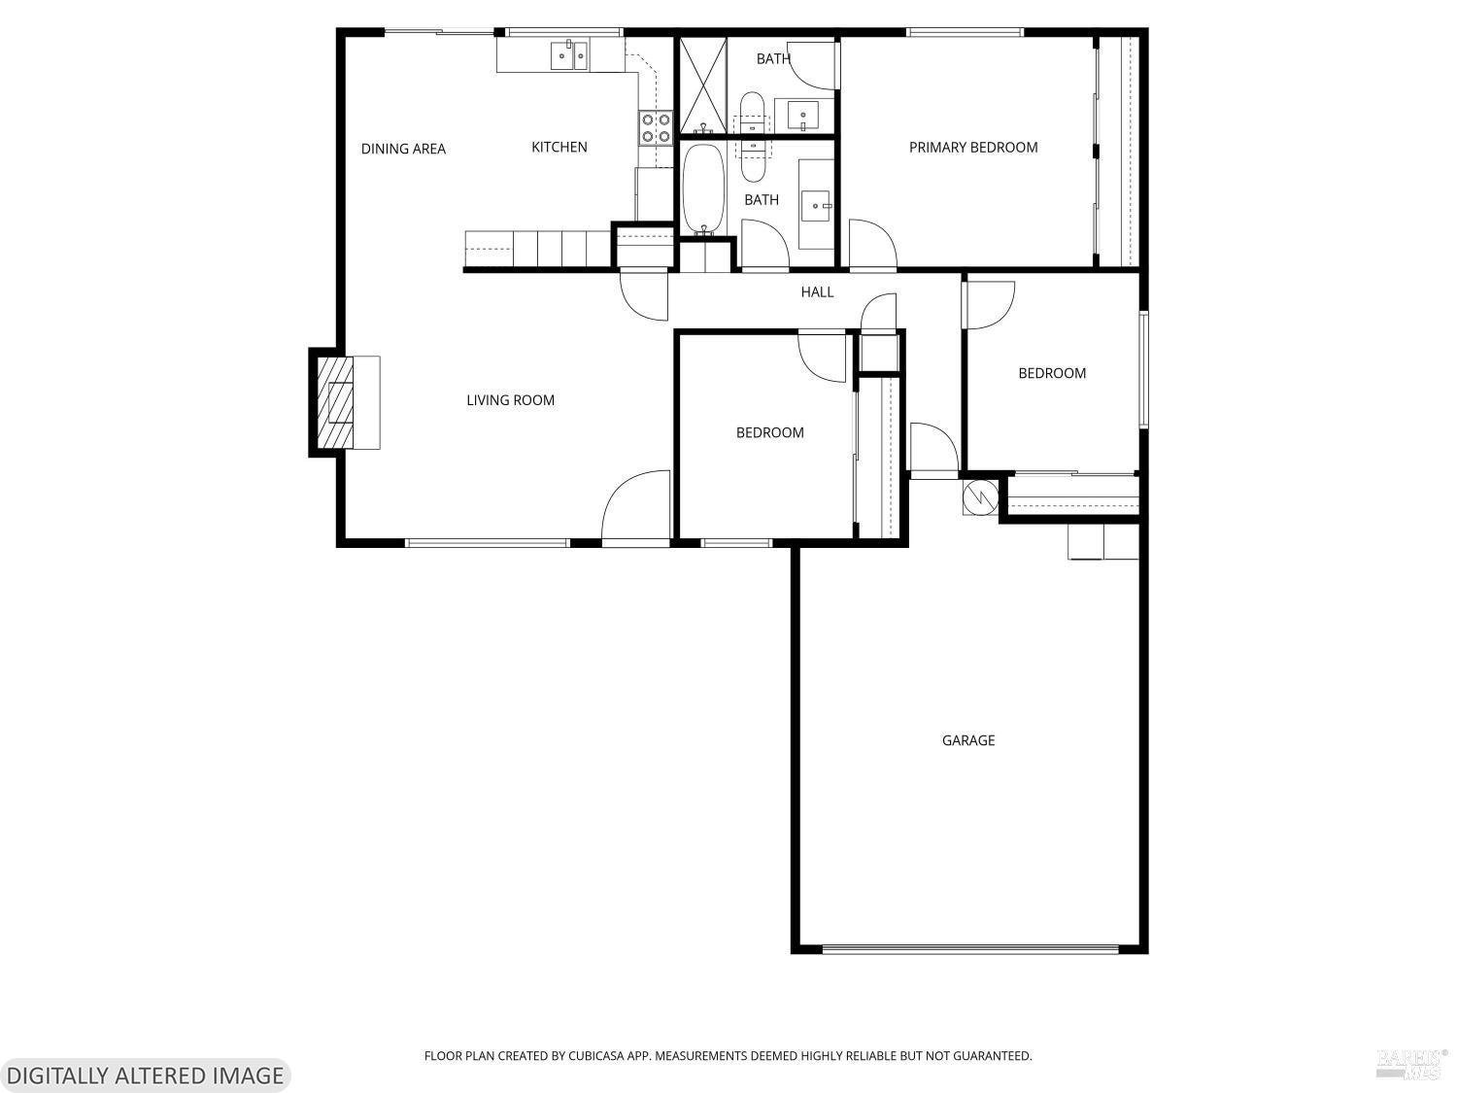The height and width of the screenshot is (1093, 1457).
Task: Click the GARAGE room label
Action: coord(968,740)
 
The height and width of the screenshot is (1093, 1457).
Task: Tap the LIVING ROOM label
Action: coord(510,400)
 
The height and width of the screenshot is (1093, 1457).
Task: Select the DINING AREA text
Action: coord(403,149)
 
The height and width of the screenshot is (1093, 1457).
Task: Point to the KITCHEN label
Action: coord(559,147)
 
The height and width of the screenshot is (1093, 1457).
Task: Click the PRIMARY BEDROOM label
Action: coord(973,148)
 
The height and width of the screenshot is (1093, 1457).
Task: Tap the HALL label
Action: coord(817,291)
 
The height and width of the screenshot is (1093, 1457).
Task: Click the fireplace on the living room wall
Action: coord(335,402)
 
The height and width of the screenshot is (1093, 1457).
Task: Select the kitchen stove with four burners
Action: coord(656,128)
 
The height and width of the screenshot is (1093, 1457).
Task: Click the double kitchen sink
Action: coord(569,55)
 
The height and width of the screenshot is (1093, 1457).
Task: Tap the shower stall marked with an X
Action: coord(701,85)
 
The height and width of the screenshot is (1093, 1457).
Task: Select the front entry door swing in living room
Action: coord(637,507)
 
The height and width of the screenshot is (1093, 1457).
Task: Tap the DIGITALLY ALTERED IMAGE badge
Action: coord(145,1076)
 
